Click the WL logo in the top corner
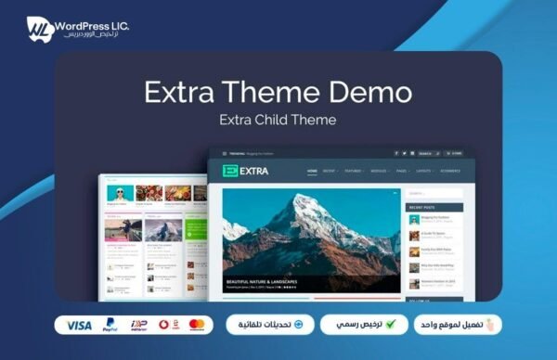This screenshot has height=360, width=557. (38, 27)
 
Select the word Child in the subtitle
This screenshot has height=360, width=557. (278, 120)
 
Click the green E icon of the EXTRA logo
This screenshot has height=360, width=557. (228, 172)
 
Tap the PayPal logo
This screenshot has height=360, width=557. (110, 326)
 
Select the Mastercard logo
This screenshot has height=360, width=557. (196, 326)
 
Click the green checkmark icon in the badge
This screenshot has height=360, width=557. (390, 325)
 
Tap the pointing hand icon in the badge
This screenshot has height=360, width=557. (492, 325)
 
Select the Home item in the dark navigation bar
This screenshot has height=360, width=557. (313, 172)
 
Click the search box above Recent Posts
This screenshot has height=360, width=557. (434, 193)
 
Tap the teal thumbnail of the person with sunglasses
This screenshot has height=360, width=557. (118, 193)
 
